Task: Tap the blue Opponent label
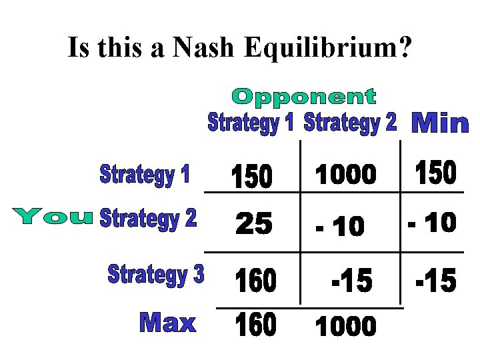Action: (x=303, y=97)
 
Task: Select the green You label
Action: (x=52, y=216)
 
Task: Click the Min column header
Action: (x=441, y=123)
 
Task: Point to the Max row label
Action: (x=167, y=323)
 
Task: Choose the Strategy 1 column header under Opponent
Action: (x=251, y=123)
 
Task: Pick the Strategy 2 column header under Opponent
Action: (x=350, y=123)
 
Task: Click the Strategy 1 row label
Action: (x=145, y=175)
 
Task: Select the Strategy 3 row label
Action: (x=156, y=274)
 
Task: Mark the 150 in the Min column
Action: (x=435, y=173)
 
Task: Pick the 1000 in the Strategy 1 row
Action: (x=345, y=175)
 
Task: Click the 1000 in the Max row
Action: (x=345, y=327)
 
